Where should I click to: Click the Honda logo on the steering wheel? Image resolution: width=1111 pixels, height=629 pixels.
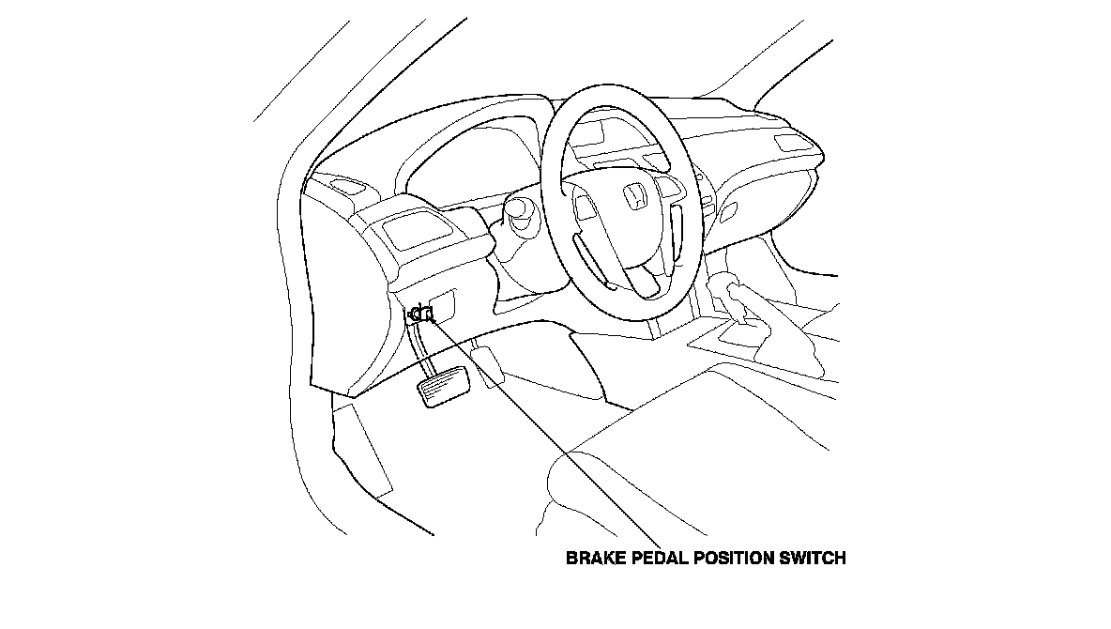coord(635,195)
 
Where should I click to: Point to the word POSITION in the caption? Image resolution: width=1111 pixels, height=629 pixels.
coord(734,559)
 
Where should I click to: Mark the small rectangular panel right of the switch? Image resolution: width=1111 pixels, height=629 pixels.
coord(445,304)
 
